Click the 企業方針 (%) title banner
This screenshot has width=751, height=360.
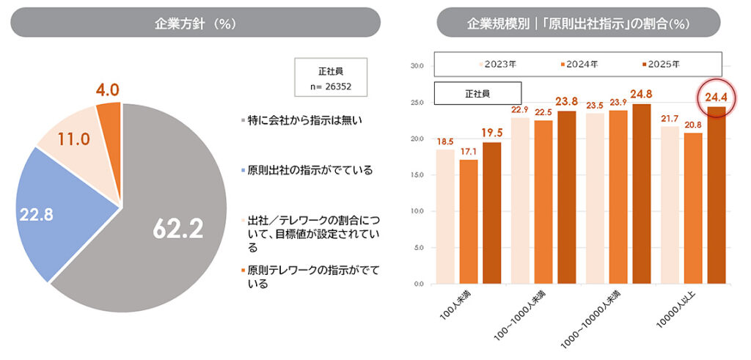click(195, 22)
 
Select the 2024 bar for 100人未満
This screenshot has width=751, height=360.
click(469, 221)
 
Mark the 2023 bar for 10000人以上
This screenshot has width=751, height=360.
click(670, 205)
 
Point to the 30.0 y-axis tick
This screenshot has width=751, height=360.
click(417, 66)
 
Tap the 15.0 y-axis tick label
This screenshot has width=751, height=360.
click(417, 175)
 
